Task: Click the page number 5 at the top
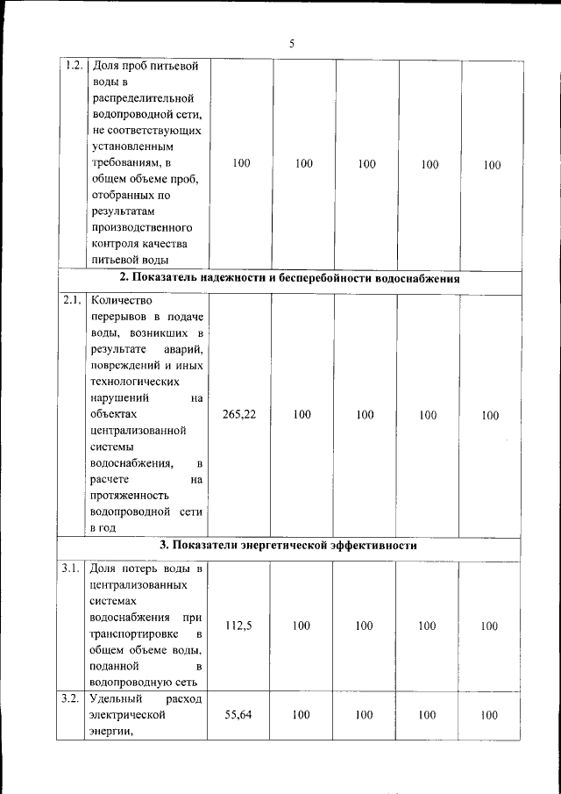291,45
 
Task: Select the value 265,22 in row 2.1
239,415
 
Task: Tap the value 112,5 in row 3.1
239,626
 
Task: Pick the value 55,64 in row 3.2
238,715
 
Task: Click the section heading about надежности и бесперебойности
290,278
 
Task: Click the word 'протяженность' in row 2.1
128,495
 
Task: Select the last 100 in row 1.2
492,164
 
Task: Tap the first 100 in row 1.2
242,163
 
